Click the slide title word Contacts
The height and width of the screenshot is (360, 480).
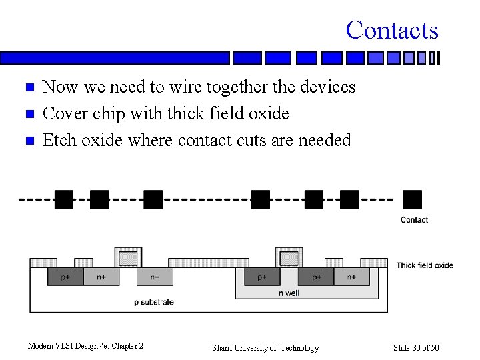click(x=392, y=30)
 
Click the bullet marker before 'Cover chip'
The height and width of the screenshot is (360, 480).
click(x=29, y=115)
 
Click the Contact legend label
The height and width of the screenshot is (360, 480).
click(x=414, y=220)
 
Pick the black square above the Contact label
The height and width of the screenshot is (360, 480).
click(x=413, y=199)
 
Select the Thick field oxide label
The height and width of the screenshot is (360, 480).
click(x=425, y=265)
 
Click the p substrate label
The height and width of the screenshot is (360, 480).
click(x=154, y=302)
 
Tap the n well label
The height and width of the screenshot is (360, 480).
click(x=289, y=293)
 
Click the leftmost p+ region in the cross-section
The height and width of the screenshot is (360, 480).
click(x=65, y=277)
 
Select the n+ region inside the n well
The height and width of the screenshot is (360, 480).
click(x=351, y=277)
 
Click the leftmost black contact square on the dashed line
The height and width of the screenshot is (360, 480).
click(x=64, y=199)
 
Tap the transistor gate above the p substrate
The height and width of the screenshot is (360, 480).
click(x=129, y=257)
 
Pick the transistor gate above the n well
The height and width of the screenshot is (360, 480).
click(x=289, y=257)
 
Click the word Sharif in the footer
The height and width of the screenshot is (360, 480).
click(x=224, y=348)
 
